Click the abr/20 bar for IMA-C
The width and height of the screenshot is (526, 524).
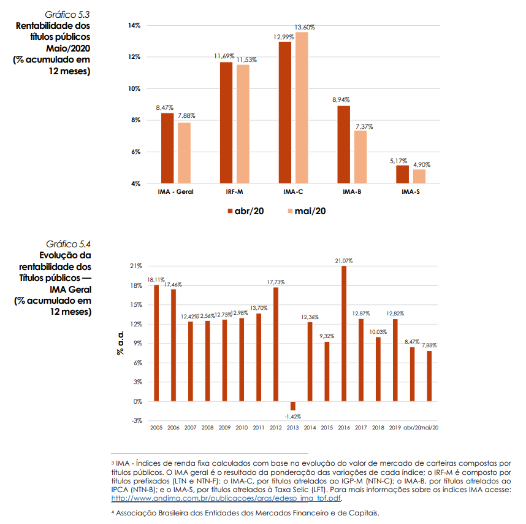click(x=284, y=112)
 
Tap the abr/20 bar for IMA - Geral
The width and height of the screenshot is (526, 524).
click(x=167, y=148)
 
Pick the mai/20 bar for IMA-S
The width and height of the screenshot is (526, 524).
click(x=419, y=176)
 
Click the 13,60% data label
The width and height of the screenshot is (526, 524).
click(x=305, y=28)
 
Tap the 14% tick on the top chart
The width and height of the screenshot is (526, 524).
click(x=134, y=26)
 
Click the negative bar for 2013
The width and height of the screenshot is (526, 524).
click(x=292, y=406)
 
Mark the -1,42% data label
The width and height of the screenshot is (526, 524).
click(x=292, y=415)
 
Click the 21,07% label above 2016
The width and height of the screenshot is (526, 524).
click(x=344, y=261)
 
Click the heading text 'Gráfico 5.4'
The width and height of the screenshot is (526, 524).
click(x=69, y=244)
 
